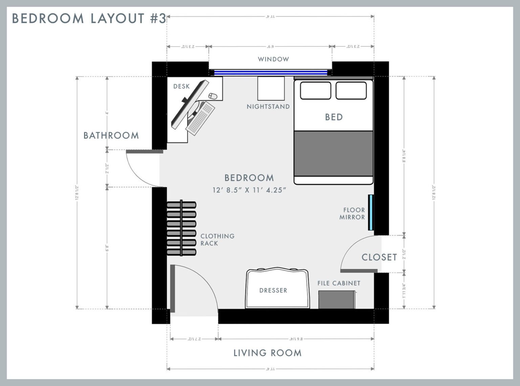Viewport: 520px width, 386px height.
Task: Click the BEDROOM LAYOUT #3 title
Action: [x=89, y=18]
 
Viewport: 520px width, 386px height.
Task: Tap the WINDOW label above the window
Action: [x=273, y=59]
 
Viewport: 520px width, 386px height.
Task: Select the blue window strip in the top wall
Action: [x=271, y=72]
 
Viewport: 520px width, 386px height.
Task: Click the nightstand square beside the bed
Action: [x=271, y=88]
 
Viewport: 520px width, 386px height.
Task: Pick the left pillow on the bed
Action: [x=316, y=90]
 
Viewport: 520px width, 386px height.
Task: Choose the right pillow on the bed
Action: [x=351, y=90]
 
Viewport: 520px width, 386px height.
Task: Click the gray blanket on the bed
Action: [x=333, y=153]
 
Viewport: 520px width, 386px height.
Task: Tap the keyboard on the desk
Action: [x=200, y=118]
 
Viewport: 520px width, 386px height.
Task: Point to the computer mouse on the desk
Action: [x=213, y=96]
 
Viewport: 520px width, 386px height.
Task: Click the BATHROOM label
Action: [x=111, y=135]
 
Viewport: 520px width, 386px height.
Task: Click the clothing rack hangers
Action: [x=181, y=228]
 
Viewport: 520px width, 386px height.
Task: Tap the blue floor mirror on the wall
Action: [x=371, y=212]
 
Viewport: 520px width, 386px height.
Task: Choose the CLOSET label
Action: [x=379, y=257]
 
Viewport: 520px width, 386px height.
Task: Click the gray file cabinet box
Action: [x=337, y=300]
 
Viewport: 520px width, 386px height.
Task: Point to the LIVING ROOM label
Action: [x=267, y=353]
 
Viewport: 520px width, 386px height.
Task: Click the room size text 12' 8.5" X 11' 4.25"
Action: [x=249, y=190]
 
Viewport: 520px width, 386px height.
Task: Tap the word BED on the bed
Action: [x=334, y=117]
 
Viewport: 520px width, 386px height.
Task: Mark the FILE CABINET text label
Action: [x=339, y=283]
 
